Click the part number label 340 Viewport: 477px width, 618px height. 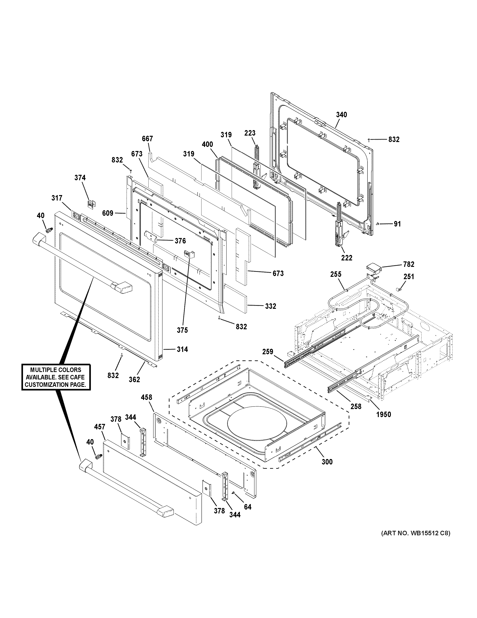point(341,115)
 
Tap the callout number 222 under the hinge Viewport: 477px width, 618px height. point(347,258)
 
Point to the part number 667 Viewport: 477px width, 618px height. point(147,139)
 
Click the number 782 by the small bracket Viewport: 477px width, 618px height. point(409,264)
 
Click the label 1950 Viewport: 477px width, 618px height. point(383,415)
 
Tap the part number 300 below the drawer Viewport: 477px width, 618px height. point(327,462)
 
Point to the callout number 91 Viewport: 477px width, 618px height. point(397,224)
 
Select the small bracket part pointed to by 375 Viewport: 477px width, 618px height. point(189,254)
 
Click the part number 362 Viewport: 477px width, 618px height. point(134,379)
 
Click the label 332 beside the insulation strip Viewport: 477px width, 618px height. point(270,306)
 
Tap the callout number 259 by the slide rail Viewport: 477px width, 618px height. point(268,352)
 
